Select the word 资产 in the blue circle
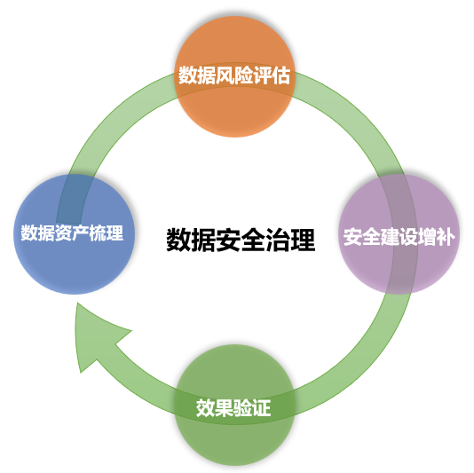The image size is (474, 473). tap(72, 234)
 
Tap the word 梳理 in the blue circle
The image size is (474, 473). tap(107, 234)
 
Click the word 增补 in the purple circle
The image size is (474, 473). tap(438, 237)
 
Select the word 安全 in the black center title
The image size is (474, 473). tap(241, 240)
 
